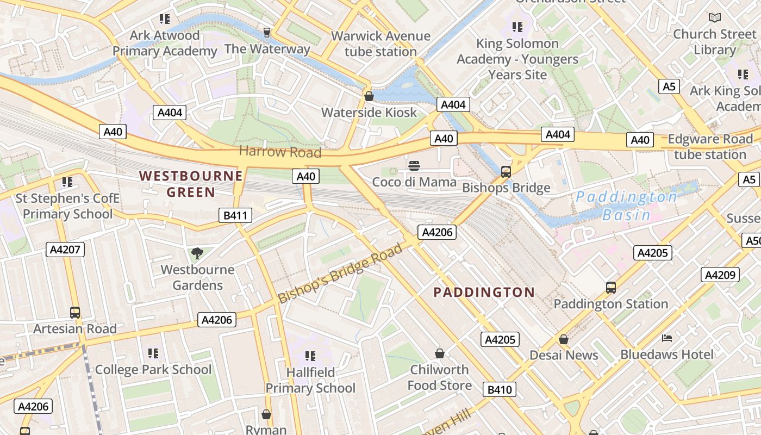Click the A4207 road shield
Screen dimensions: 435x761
pyautogui.click(x=65, y=250)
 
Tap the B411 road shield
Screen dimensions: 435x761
pyautogui.click(x=235, y=215)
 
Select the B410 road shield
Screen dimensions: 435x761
pyautogui.click(x=499, y=389)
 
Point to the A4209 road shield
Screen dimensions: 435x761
pyautogui.click(x=720, y=275)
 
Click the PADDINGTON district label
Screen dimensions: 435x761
pyautogui.click(x=484, y=293)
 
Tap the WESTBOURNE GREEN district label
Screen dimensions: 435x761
pyautogui.click(x=191, y=184)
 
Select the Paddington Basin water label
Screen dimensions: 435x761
pyautogui.click(x=626, y=206)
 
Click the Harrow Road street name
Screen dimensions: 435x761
pyautogui.click(x=280, y=152)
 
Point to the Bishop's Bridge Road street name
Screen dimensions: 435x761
pyautogui.click(x=340, y=273)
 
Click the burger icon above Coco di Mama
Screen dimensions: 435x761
pyautogui.click(x=414, y=166)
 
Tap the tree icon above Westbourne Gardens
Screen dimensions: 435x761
pyautogui.click(x=197, y=253)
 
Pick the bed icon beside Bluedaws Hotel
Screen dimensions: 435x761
pyautogui.click(x=667, y=338)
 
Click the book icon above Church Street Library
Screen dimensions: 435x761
pyautogui.click(x=715, y=17)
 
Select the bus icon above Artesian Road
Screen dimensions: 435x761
pyautogui.click(x=75, y=313)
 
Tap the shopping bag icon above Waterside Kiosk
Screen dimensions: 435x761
pyautogui.click(x=369, y=96)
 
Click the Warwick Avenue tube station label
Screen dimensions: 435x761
pyautogui.click(x=380, y=44)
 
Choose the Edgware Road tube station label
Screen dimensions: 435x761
pyautogui.click(x=710, y=147)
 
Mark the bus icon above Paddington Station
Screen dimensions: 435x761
pyautogui.click(x=610, y=287)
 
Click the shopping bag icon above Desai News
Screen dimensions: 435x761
pyautogui.click(x=564, y=339)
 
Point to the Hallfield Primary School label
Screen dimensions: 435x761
pyautogui.click(x=310, y=380)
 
